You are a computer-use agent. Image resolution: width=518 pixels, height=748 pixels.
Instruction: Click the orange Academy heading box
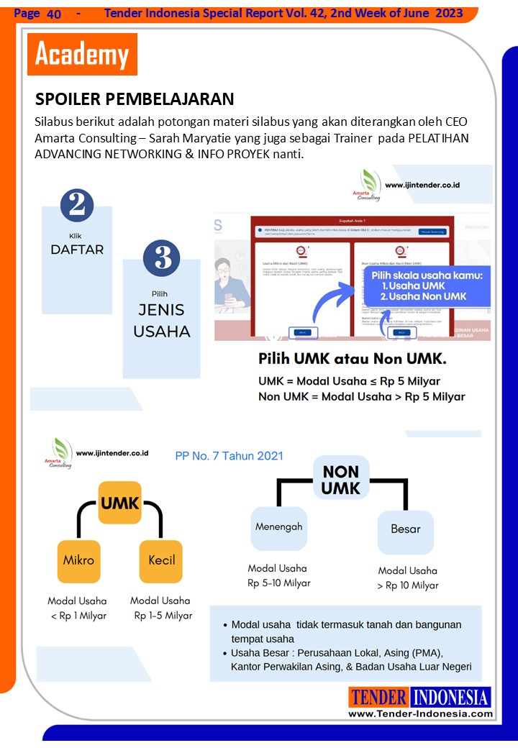point(82,55)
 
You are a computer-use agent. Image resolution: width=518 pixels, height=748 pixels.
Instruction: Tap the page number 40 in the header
point(54,14)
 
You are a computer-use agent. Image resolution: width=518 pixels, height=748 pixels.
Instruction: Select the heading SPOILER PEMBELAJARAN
point(135,99)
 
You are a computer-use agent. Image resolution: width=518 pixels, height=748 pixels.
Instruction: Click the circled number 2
point(77,204)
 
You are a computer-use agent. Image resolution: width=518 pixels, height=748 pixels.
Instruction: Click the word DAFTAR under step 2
point(77,250)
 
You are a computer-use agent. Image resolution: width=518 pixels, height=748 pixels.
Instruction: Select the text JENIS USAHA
point(162,321)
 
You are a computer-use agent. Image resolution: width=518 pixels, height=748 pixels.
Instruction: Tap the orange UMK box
point(120,503)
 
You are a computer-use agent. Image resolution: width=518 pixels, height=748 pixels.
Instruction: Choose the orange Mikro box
point(78,560)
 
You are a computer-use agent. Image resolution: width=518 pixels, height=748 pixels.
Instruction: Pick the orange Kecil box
point(161,560)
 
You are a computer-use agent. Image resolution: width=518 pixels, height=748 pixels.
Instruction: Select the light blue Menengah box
point(279,526)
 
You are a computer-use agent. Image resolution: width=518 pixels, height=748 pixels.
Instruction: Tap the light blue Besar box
point(405,529)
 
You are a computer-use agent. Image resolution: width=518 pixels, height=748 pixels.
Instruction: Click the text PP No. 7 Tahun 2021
point(230,456)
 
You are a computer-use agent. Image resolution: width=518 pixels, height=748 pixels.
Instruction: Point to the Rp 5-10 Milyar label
point(279,583)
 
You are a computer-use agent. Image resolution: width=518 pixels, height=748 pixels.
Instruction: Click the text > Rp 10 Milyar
point(407,585)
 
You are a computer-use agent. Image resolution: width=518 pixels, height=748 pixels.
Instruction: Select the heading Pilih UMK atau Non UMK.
point(353,358)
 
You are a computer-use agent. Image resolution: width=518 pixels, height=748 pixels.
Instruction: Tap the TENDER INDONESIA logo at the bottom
point(420,697)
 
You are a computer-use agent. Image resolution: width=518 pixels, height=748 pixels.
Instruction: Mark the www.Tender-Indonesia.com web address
point(420,713)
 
